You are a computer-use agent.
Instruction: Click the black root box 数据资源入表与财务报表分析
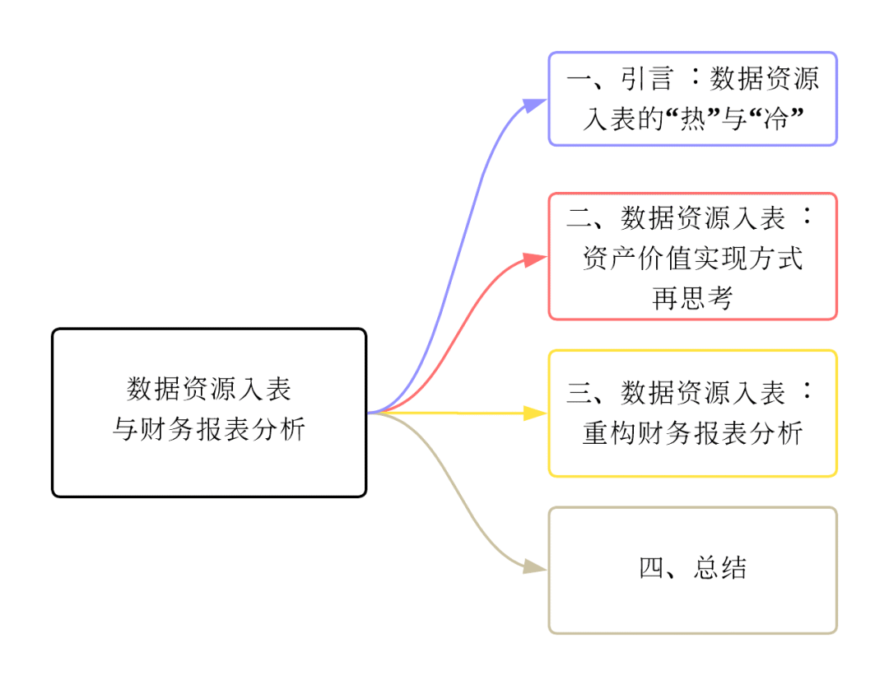tap(208, 413)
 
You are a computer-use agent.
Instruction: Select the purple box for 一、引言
tap(692, 99)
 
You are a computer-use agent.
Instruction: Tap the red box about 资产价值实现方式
tap(692, 256)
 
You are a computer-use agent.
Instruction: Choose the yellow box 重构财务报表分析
tap(692, 413)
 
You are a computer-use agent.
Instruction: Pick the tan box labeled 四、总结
tap(692, 570)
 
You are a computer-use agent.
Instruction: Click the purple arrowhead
tap(536, 105)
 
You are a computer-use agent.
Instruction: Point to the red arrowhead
tap(536, 259)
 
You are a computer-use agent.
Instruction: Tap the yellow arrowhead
tap(536, 413)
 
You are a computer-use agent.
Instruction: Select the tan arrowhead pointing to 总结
tap(536, 567)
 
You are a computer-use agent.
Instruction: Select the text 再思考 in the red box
tap(692, 298)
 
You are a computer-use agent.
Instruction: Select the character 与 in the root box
tap(124, 429)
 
